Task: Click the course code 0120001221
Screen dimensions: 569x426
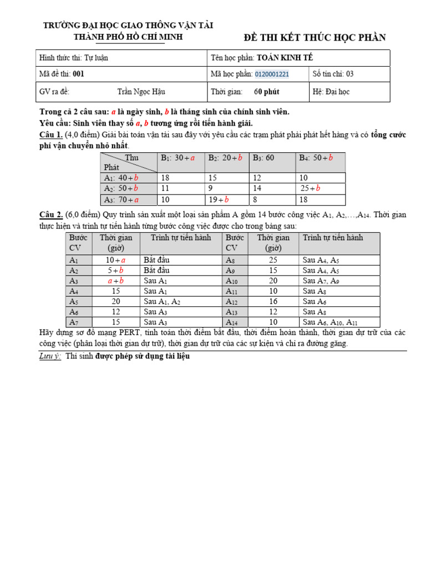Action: pyautogui.click(x=272, y=74)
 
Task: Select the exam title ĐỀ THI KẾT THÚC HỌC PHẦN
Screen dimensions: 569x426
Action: pyautogui.click(x=315, y=38)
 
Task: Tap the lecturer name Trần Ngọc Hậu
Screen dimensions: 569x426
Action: pyautogui.click(x=141, y=92)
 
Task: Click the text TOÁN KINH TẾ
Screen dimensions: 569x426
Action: pyautogui.click(x=288, y=58)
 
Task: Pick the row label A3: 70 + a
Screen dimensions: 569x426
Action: pyautogui.click(x=121, y=199)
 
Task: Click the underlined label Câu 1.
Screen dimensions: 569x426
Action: pyautogui.click(x=50, y=135)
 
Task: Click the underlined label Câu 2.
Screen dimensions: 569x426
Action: pyautogui.click(x=50, y=215)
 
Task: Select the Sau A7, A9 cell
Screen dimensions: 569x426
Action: pyautogui.click(x=320, y=281)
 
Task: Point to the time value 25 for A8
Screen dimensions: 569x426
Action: pyautogui.click(x=273, y=260)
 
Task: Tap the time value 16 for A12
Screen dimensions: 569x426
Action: pyautogui.click(x=273, y=301)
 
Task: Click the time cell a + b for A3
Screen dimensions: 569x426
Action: pyautogui.click(x=116, y=281)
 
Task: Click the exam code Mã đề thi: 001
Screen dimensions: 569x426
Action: pyautogui.click(x=61, y=74)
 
